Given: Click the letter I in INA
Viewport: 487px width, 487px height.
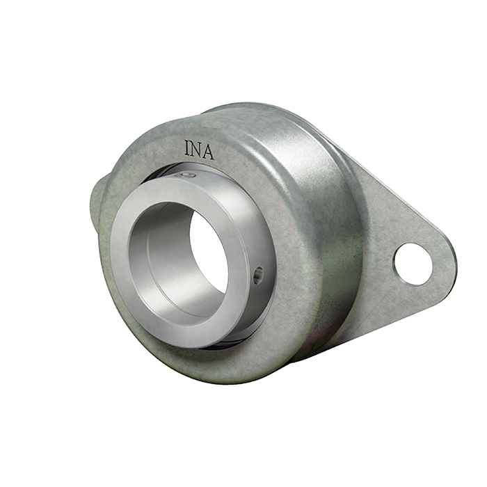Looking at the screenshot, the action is pyautogui.click(x=187, y=147).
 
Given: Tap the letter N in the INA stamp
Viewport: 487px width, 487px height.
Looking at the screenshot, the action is pyautogui.click(x=195, y=150).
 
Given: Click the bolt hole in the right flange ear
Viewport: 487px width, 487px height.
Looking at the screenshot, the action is pyautogui.click(x=413, y=264).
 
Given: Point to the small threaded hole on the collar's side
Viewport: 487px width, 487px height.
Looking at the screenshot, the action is pyautogui.click(x=258, y=275).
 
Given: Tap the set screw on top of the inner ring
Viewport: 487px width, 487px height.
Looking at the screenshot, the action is pyautogui.click(x=185, y=175).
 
